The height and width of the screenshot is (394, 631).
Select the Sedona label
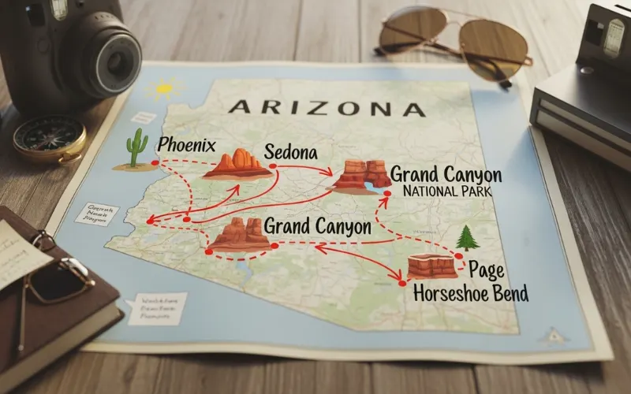pyautogui.click(x=293, y=151)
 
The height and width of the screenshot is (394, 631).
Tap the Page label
pyautogui.click(x=487, y=269)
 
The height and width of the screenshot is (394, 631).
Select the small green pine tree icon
pyautogui.click(x=467, y=237)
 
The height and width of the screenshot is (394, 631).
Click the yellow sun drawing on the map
pyautogui.click(x=164, y=87)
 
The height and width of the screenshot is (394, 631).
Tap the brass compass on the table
pyautogui.click(x=49, y=139)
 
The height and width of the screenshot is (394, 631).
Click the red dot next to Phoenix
pyautogui.click(x=155, y=163)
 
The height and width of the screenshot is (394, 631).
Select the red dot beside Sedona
pyautogui.click(x=272, y=166)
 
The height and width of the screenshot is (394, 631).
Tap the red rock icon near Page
pyautogui.click(x=432, y=266)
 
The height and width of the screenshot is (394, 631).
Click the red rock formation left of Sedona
pyautogui.click(x=234, y=163)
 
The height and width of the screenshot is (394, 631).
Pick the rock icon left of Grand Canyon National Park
pyautogui.click(x=360, y=177)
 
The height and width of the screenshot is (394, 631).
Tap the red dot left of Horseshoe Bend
pyautogui.click(x=401, y=282)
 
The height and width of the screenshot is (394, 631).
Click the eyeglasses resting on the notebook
pyautogui.click(x=55, y=276)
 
